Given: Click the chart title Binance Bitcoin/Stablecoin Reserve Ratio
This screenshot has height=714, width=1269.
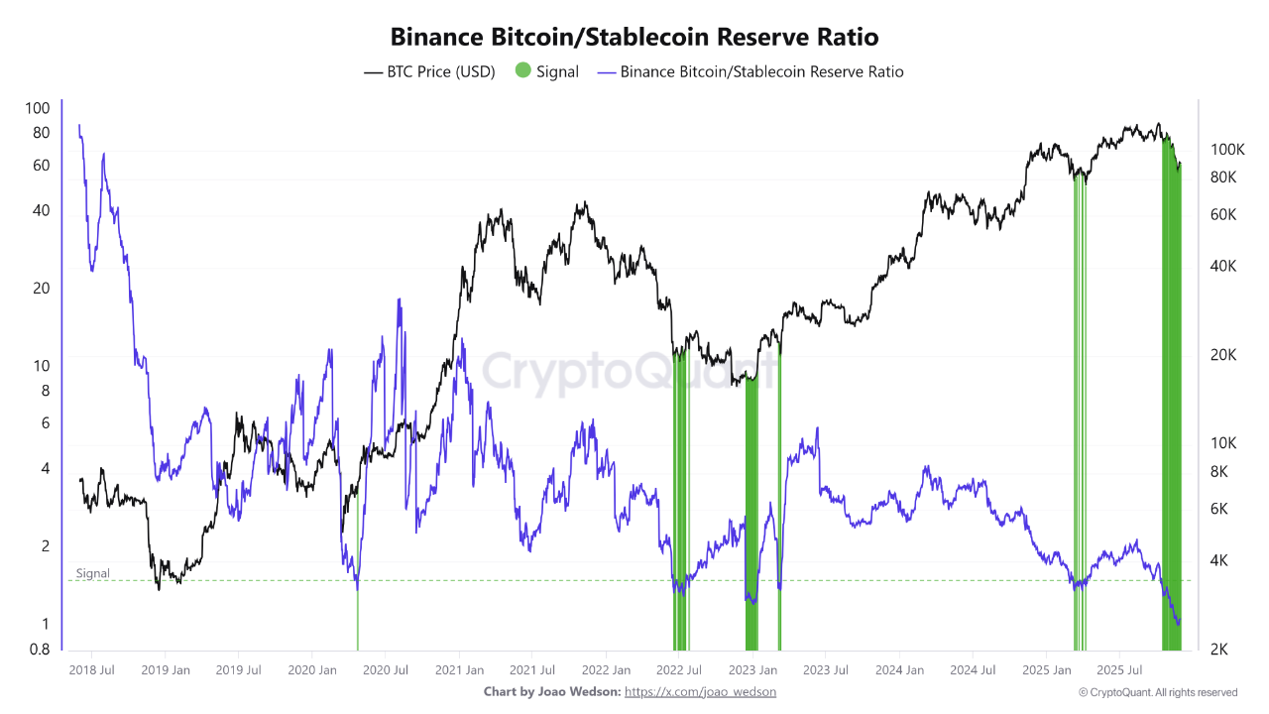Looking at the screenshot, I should tap(634, 37).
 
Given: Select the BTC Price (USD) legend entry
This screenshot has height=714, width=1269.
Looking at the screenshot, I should tap(430, 71).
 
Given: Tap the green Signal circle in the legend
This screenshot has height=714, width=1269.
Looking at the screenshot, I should tap(522, 71).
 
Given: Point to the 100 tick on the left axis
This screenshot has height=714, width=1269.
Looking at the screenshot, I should tap(38, 108).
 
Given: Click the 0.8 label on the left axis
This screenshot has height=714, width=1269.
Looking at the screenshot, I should tap(38, 651).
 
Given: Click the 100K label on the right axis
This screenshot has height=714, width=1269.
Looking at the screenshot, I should tap(1227, 149).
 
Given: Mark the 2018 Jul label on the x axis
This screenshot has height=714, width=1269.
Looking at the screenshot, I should tap(91, 670).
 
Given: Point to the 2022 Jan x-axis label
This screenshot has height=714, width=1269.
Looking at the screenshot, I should tap(605, 670).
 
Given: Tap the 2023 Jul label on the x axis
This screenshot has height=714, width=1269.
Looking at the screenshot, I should tap(825, 670).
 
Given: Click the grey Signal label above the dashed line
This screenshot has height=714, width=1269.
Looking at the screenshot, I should tap(93, 573).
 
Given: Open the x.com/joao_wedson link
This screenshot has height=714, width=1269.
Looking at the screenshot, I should tap(700, 691).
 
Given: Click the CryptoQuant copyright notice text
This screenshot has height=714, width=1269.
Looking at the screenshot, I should tap(1157, 692).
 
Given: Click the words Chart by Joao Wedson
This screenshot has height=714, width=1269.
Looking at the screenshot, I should tap(551, 691).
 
